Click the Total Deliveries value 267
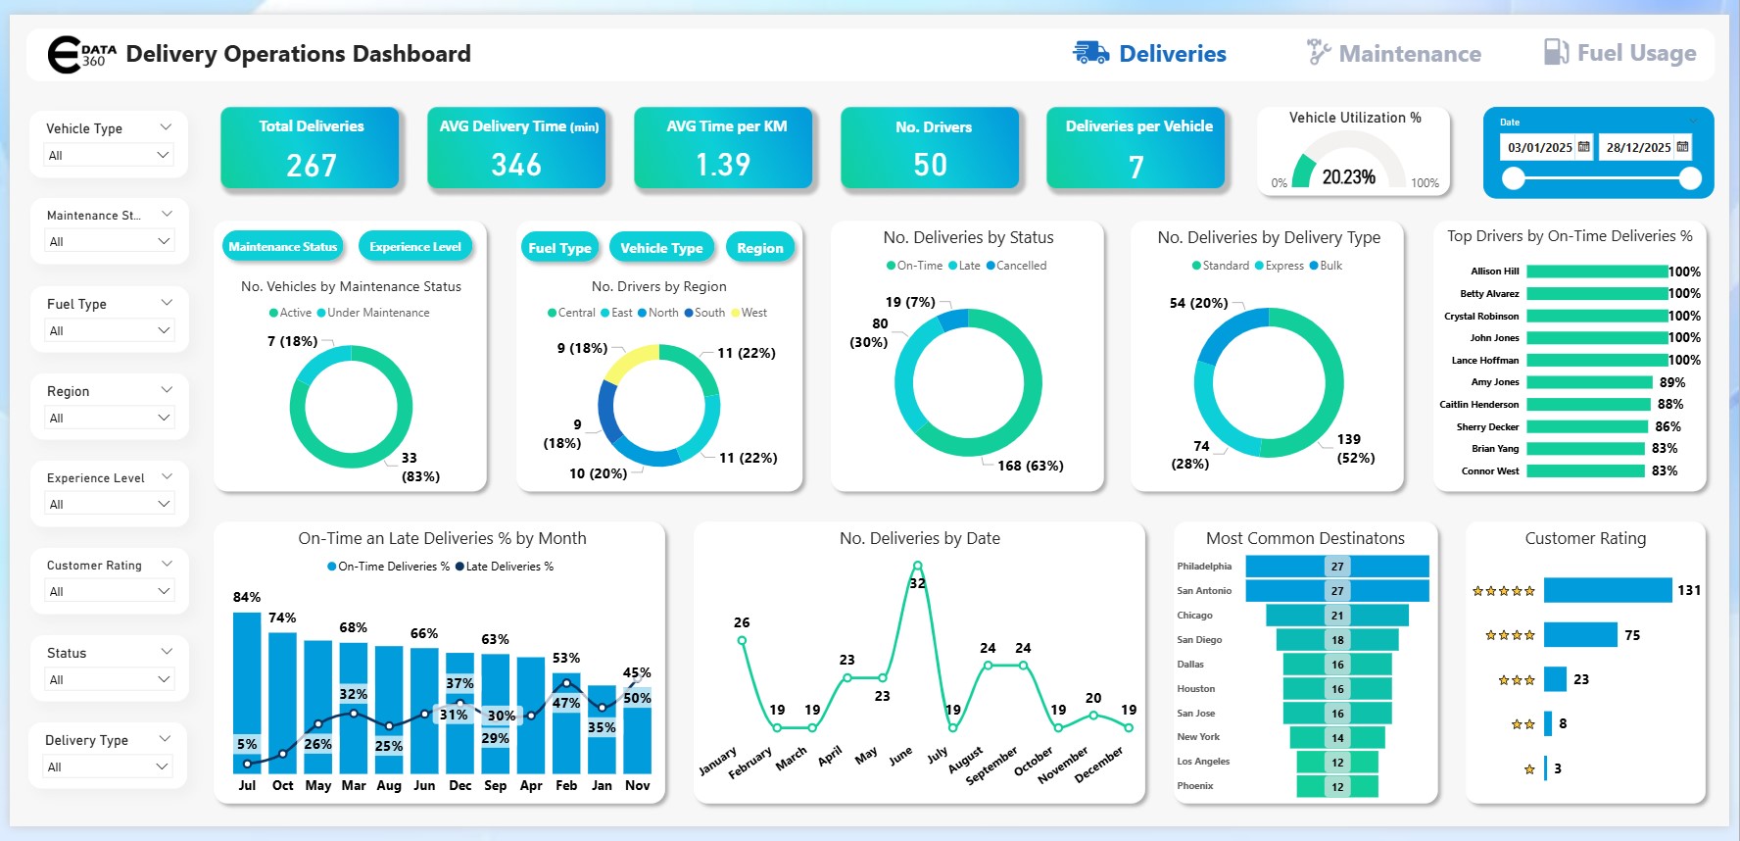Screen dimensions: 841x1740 coord(312,165)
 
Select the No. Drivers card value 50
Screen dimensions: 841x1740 coord(930,165)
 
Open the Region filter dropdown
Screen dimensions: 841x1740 coord(109,418)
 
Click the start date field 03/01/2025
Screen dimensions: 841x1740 coord(1540,148)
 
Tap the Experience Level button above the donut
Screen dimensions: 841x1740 coord(415,247)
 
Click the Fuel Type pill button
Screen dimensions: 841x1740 coord(559,248)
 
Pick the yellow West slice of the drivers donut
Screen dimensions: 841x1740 coord(628,363)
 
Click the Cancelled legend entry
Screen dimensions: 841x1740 coord(1020,266)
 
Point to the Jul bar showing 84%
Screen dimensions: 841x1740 coord(247,686)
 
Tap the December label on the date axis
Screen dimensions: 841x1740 coord(1099,765)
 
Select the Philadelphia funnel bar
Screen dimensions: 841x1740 coord(1336,567)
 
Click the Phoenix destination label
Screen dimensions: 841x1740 coord(1195,786)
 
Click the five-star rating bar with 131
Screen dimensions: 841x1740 coord(1607,590)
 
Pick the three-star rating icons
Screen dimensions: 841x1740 coord(1516,680)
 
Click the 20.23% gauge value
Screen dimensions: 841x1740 coord(1348,177)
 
